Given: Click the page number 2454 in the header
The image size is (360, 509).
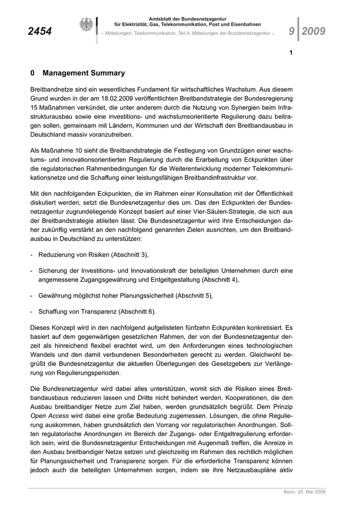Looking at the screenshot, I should pos(40,31).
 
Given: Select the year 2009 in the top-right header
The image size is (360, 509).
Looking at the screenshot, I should pos(314,31).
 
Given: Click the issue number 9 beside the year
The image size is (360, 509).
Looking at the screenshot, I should pos(292,31).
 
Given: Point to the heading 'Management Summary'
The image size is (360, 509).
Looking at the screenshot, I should pos(84,73).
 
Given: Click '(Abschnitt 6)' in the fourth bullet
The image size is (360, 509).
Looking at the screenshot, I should pos(137,312).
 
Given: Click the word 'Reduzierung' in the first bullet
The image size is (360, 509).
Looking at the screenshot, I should pos(58,254).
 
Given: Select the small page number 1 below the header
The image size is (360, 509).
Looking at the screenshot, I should pos(291,52).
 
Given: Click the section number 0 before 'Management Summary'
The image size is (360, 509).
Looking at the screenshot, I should pos(33,73).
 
